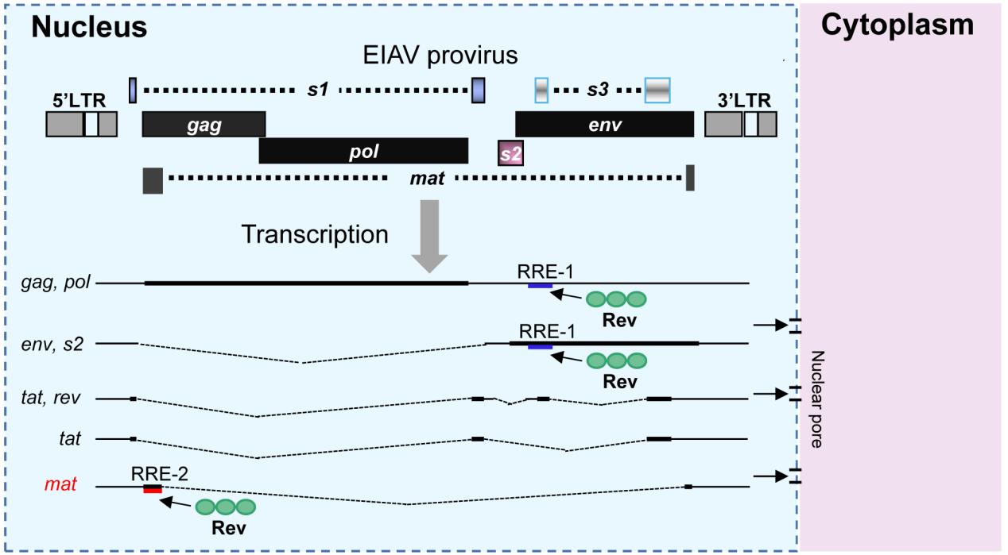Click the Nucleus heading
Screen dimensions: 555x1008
(x=90, y=26)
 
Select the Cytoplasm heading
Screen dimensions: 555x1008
(x=897, y=25)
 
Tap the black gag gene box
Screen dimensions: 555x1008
(x=204, y=125)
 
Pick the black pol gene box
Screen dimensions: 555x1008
(x=363, y=151)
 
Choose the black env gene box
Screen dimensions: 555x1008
(x=603, y=125)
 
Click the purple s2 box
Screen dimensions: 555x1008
(x=510, y=152)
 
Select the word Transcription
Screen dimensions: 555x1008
(x=315, y=234)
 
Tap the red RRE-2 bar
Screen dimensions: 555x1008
(x=153, y=489)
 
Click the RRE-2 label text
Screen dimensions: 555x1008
(x=159, y=474)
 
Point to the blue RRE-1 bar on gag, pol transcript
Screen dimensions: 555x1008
(x=540, y=285)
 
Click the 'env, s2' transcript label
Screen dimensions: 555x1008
(x=60, y=344)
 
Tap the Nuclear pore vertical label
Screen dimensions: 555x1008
(x=815, y=399)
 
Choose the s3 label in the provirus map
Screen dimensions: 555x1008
(x=598, y=91)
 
